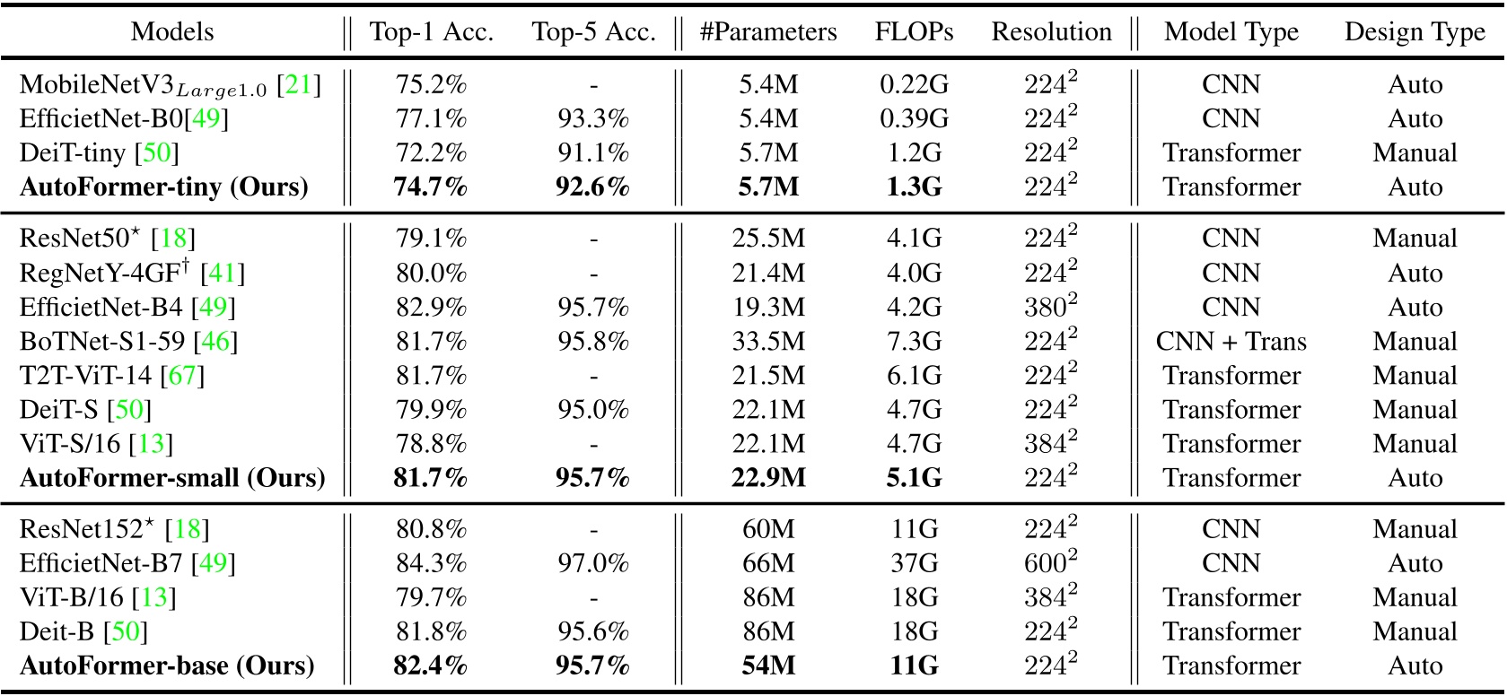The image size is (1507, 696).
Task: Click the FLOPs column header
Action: [x=914, y=32]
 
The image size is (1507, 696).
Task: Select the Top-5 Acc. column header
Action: [x=593, y=32]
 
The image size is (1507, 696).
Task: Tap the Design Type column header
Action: [x=1415, y=32]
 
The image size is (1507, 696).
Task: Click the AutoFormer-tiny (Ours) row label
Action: [x=163, y=187]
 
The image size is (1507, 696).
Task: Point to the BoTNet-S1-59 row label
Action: [x=102, y=342]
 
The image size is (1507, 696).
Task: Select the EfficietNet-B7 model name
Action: [x=101, y=563]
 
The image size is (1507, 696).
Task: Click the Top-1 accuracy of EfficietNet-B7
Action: [x=431, y=563]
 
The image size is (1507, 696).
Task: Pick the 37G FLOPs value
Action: [x=914, y=563]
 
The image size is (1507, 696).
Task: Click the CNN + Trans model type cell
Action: [x=1231, y=342]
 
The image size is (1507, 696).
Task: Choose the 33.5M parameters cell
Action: [x=768, y=342]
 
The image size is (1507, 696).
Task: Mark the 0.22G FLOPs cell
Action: [x=914, y=84]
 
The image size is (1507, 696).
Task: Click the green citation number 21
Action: [x=298, y=85]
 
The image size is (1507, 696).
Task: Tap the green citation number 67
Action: [x=182, y=376]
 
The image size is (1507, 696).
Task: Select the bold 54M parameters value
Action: [x=768, y=666]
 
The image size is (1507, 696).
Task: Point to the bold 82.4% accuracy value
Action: [x=431, y=666]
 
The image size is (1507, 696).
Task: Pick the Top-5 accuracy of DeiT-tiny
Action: [x=593, y=152]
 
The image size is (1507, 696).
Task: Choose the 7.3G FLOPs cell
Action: [x=914, y=342]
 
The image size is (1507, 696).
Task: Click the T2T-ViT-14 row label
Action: [x=86, y=376]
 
